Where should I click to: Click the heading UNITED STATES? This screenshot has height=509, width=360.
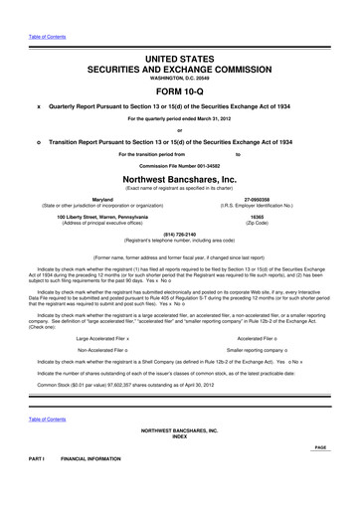point(179,34)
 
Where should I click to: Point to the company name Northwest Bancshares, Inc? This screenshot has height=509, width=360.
point(179,179)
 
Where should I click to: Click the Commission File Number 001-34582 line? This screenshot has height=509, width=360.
point(179,165)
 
